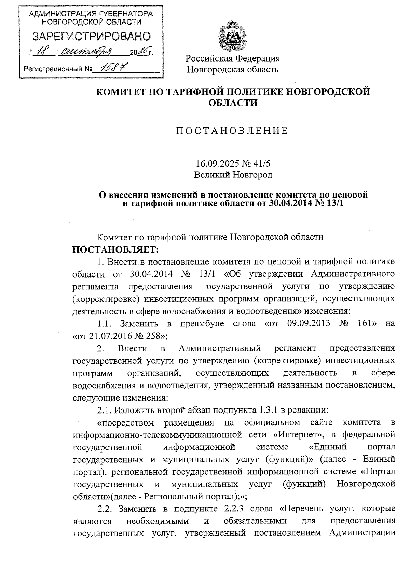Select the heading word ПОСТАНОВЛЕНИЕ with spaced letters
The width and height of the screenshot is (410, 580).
tap(232, 131)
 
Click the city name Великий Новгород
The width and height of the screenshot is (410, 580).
tap(233, 175)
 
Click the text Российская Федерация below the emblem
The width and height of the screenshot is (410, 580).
tap(233, 58)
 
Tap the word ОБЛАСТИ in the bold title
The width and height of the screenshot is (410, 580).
tap(233, 103)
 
